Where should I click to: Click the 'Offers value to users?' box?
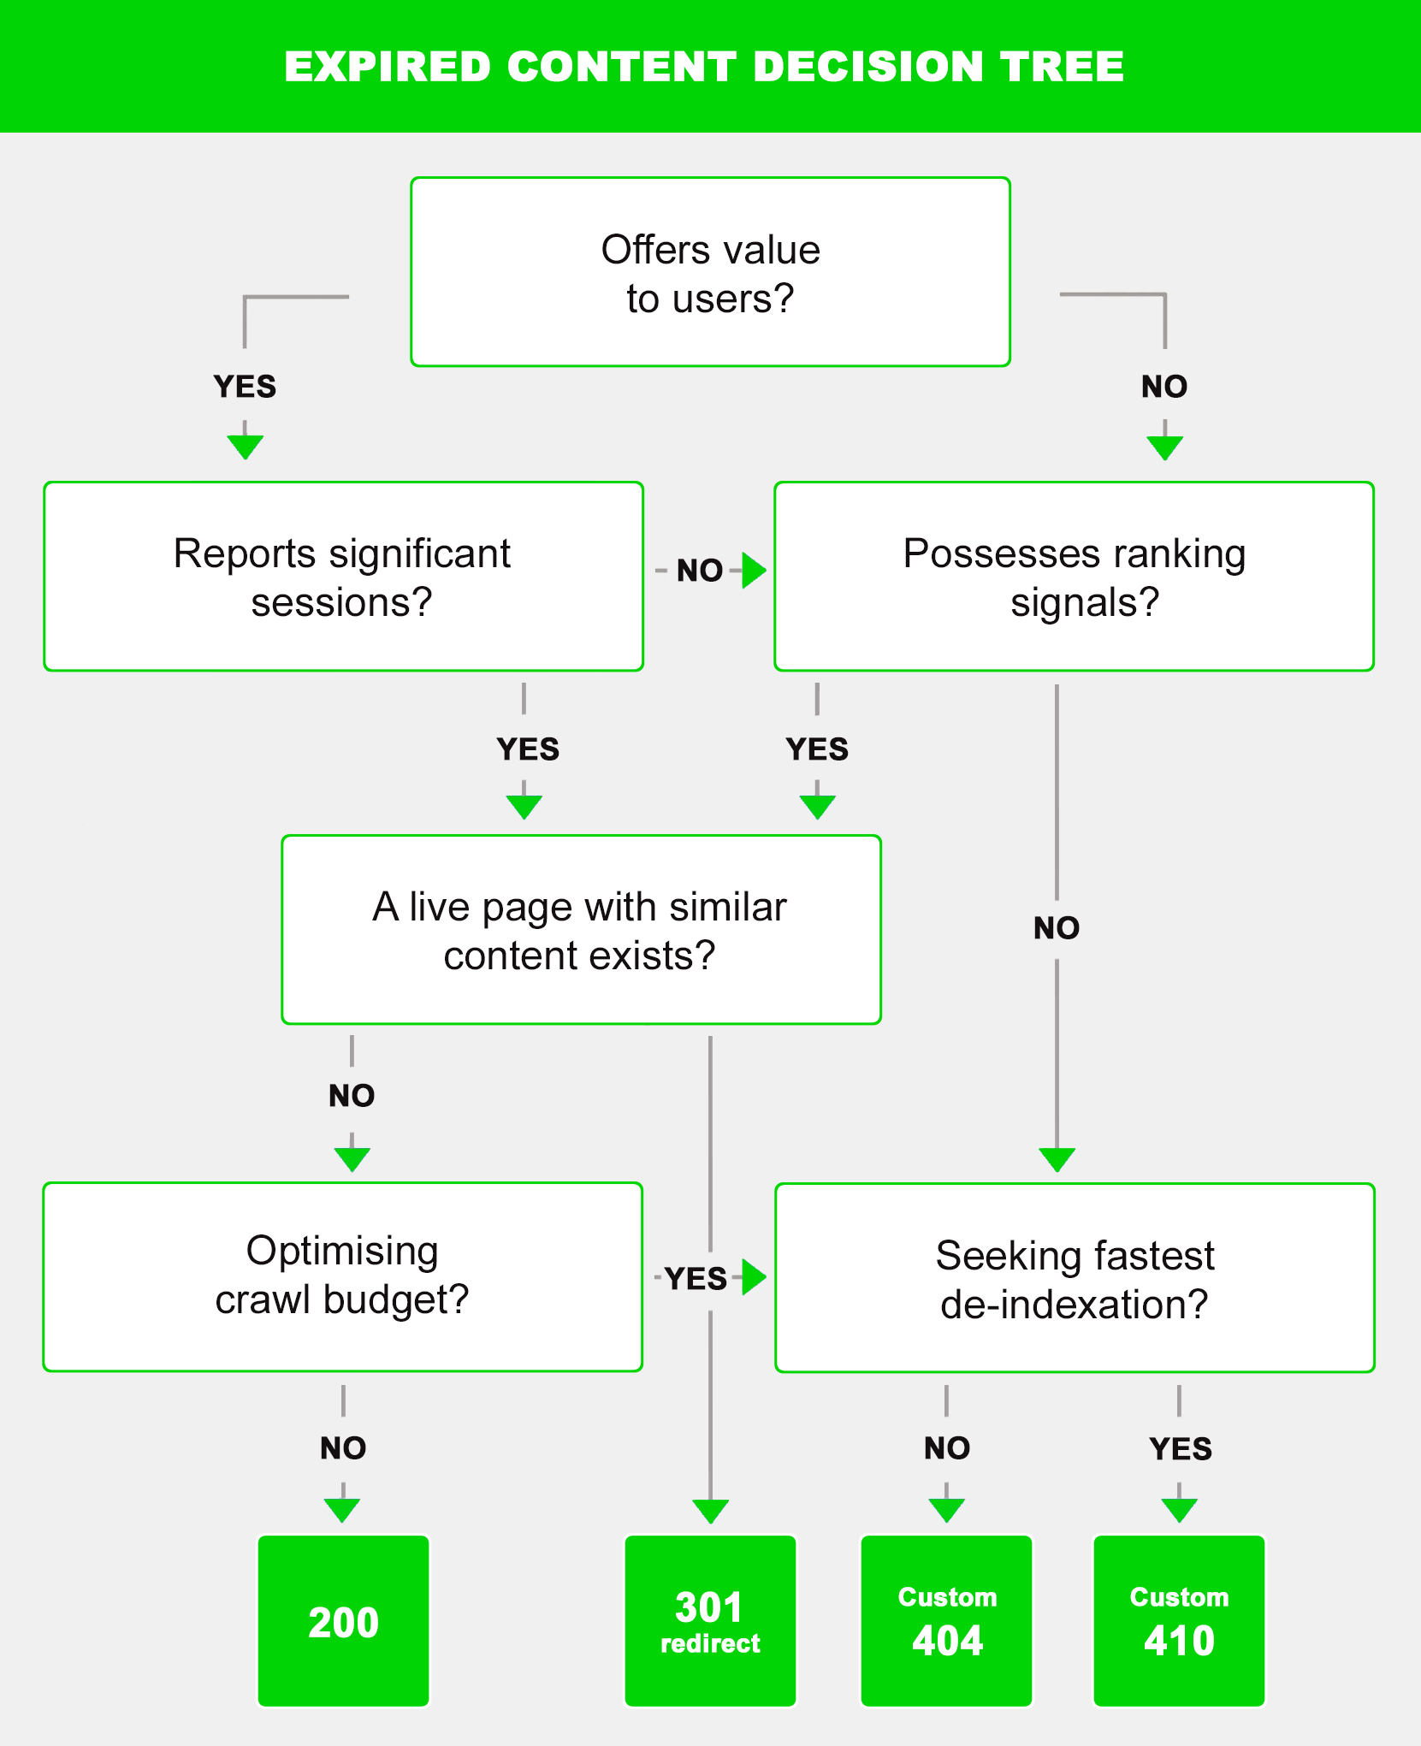pyautogui.click(x=710, y=272)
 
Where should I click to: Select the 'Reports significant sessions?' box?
pyautogui.click(x=343, y=577)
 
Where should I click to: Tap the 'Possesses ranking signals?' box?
pyautogui.click(x=1074, y=577)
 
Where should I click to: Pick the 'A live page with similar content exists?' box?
pyautogui.click(x=581, y=930)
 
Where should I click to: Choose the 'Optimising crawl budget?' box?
pyautogui.click(x=342, y=1276)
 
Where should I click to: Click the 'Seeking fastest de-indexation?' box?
pyautogui.click(x=1075, y=1278)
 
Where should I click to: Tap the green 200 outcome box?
pyautogui.click(x=343, y=1620)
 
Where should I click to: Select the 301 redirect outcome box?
pyautogui.click(x=710, y=1620)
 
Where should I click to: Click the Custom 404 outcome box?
pyautogui.click(x=946, y=1620)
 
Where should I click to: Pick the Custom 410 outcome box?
pyautogui.click(x=1179, y=1620)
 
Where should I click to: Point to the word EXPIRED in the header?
pyautogui.click(x=388, y=67)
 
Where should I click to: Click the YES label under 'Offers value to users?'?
pyautogui.click(x=245, y=387)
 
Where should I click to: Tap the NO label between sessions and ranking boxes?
pyautogui.click(x=700, y=571)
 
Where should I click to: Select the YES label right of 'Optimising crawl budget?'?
pyautogui.click(x=696, y=1279)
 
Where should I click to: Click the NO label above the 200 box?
pyautogui.click(x=343, y=1448)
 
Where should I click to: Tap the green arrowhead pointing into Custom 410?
pyautogui.click(x=1179, y=1510)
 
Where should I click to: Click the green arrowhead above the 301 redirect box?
pyautogui.click(x=710, y=1511)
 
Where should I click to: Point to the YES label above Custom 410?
pyautogui.click(x=1181, y=1449)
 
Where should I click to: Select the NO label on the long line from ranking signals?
pyautogui.click(x=1057, y=928)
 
